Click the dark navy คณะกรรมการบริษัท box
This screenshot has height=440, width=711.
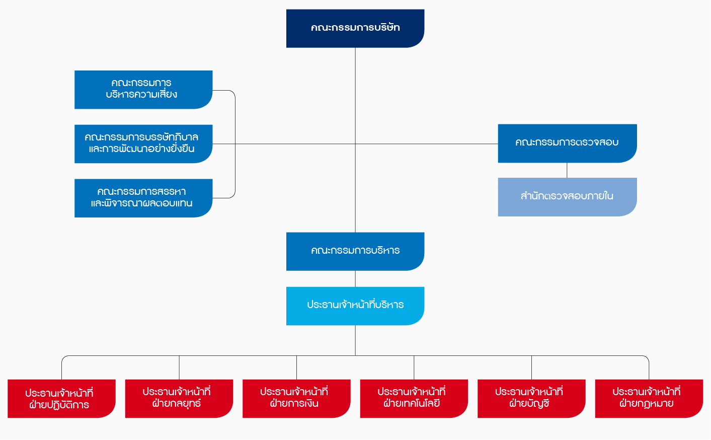[x=355, y=28]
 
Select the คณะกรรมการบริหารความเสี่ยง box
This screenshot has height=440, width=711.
[x=143, y=90]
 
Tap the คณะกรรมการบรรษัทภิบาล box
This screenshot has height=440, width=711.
[x=143, y=144]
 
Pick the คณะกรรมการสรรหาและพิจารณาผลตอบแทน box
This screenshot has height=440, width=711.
[x=143, y=198]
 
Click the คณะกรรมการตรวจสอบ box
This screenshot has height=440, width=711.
[x=567, y=143]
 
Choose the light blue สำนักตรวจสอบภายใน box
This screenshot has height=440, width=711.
[x=567, y=197]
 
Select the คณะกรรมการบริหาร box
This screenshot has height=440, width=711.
[x=355, y=251]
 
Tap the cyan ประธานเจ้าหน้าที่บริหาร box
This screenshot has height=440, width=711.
[x=355, y=306]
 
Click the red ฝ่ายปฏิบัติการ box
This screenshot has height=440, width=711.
[x=61, y=399]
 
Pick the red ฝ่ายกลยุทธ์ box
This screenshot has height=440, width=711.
[x=179, y=399]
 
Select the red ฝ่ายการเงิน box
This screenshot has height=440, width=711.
[x=296, y=399]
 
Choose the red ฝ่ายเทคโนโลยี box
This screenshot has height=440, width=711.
[x=414, y=399]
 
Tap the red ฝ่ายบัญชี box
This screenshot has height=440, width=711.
[x=531, y=399]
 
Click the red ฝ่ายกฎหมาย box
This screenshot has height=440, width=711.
[x=649, y=399]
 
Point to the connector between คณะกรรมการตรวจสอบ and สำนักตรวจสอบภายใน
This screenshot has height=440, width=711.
[x=567, y=171]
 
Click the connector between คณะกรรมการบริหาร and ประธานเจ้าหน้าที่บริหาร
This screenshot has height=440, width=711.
[x=355, y=279]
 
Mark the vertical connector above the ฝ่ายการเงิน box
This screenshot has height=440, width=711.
[x=296, y=368]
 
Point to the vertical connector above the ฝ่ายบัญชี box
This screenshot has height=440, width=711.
[x=531, y=368]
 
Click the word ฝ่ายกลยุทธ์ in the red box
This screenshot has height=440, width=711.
[x=177, y=404]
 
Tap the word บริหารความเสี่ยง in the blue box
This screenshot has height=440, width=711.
[x=141, y=95]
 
